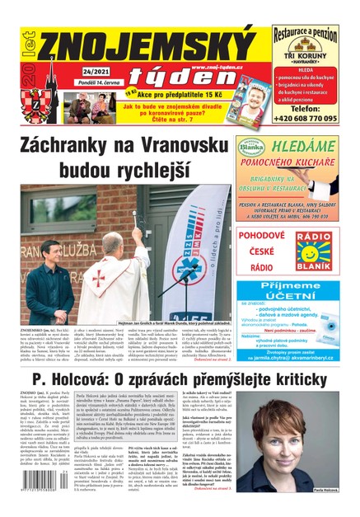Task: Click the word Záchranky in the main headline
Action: [74, 148]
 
